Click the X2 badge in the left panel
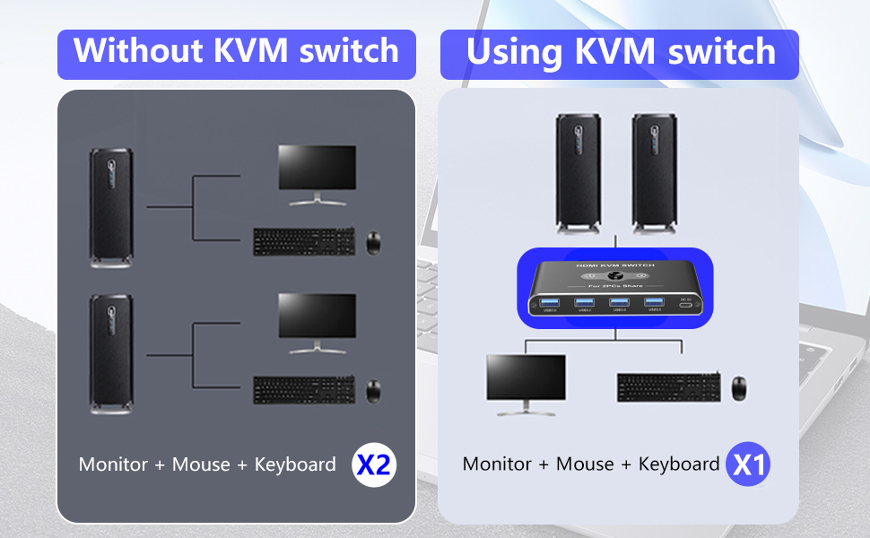(373, 464)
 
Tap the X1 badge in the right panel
(748, 464)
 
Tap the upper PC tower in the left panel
(111, 206)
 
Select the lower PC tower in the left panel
(111, 354)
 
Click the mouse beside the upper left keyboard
(373, 240)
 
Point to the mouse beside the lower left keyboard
(373, 390)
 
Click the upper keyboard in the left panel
(303, 241)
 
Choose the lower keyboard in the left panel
(303, 390)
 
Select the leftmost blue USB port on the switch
(551, 301)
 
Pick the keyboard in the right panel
(667, 387)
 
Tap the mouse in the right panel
(739, 388)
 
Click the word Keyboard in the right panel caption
(679, 464)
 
